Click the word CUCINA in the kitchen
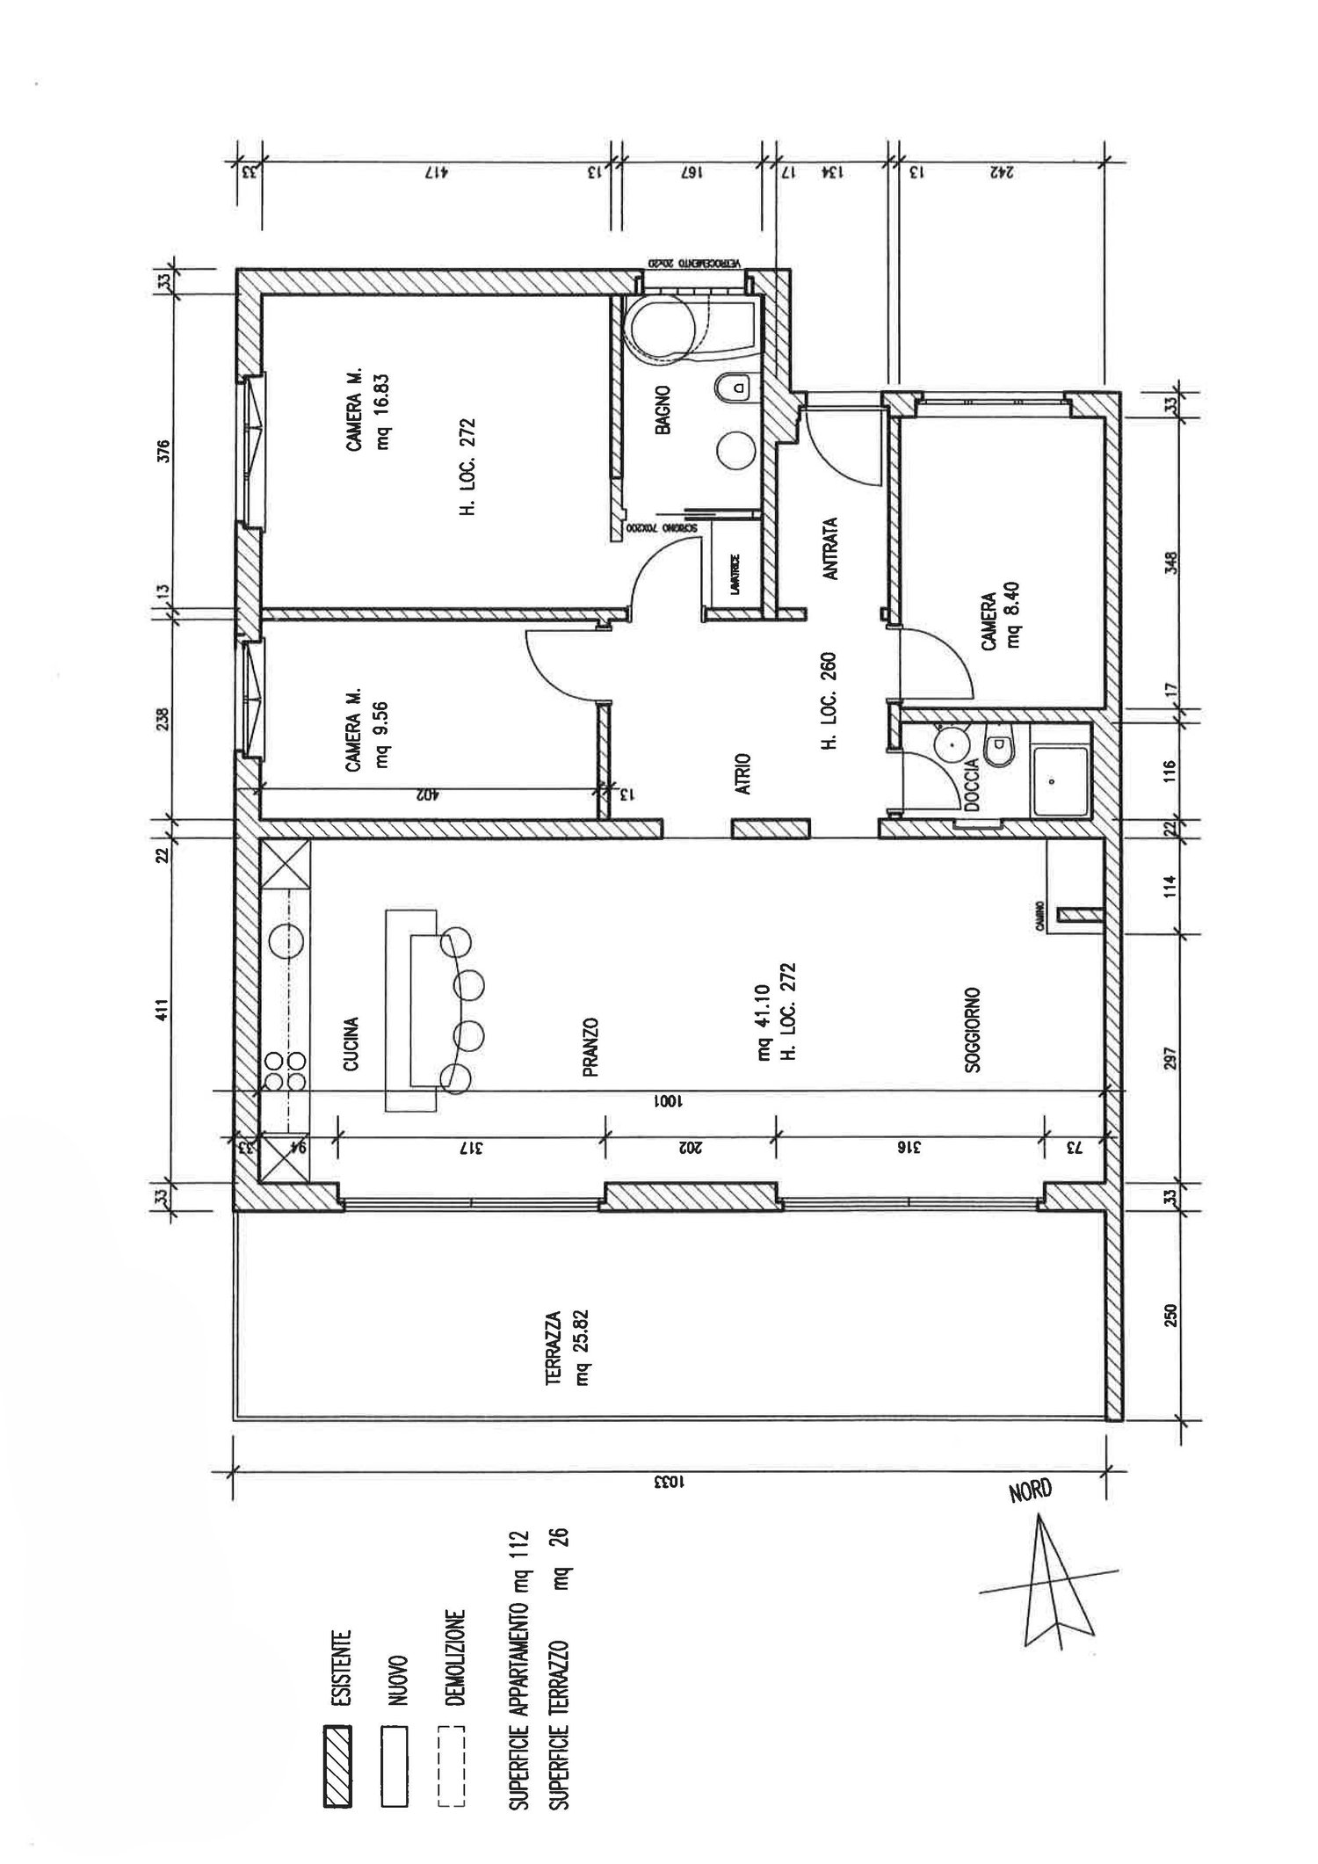[x=351, y=1044]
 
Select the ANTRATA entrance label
[x=831, y=548]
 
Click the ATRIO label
[x=743, y=773]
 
